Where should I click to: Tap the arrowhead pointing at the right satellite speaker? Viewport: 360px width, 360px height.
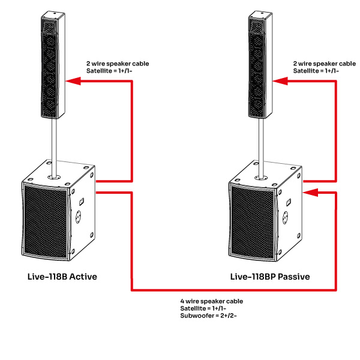point(278,80)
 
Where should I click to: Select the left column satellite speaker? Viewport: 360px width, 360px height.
point(53,66)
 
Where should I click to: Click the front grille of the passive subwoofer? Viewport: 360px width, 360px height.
point(252,220)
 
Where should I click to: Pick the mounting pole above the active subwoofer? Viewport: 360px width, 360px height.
point(55,140)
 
